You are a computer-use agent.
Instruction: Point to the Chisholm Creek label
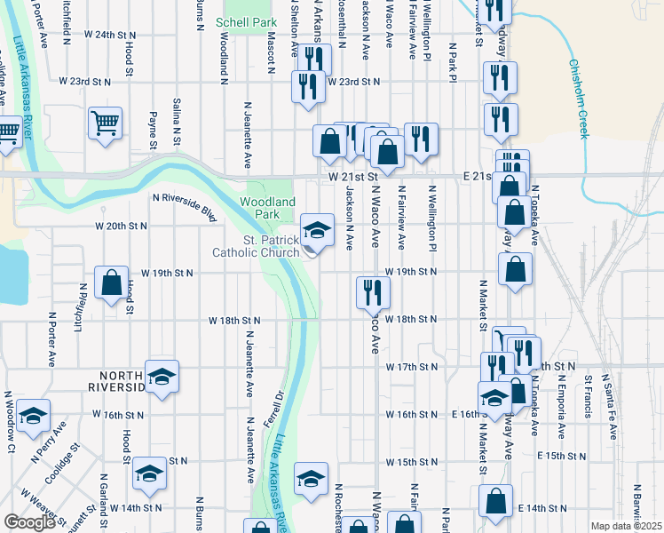tap(579, 98)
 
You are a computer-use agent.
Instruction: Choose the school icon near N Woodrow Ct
tap(33, 415)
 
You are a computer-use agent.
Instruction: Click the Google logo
tap(29, 522)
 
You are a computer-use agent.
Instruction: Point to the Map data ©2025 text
tap(627, 526)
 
